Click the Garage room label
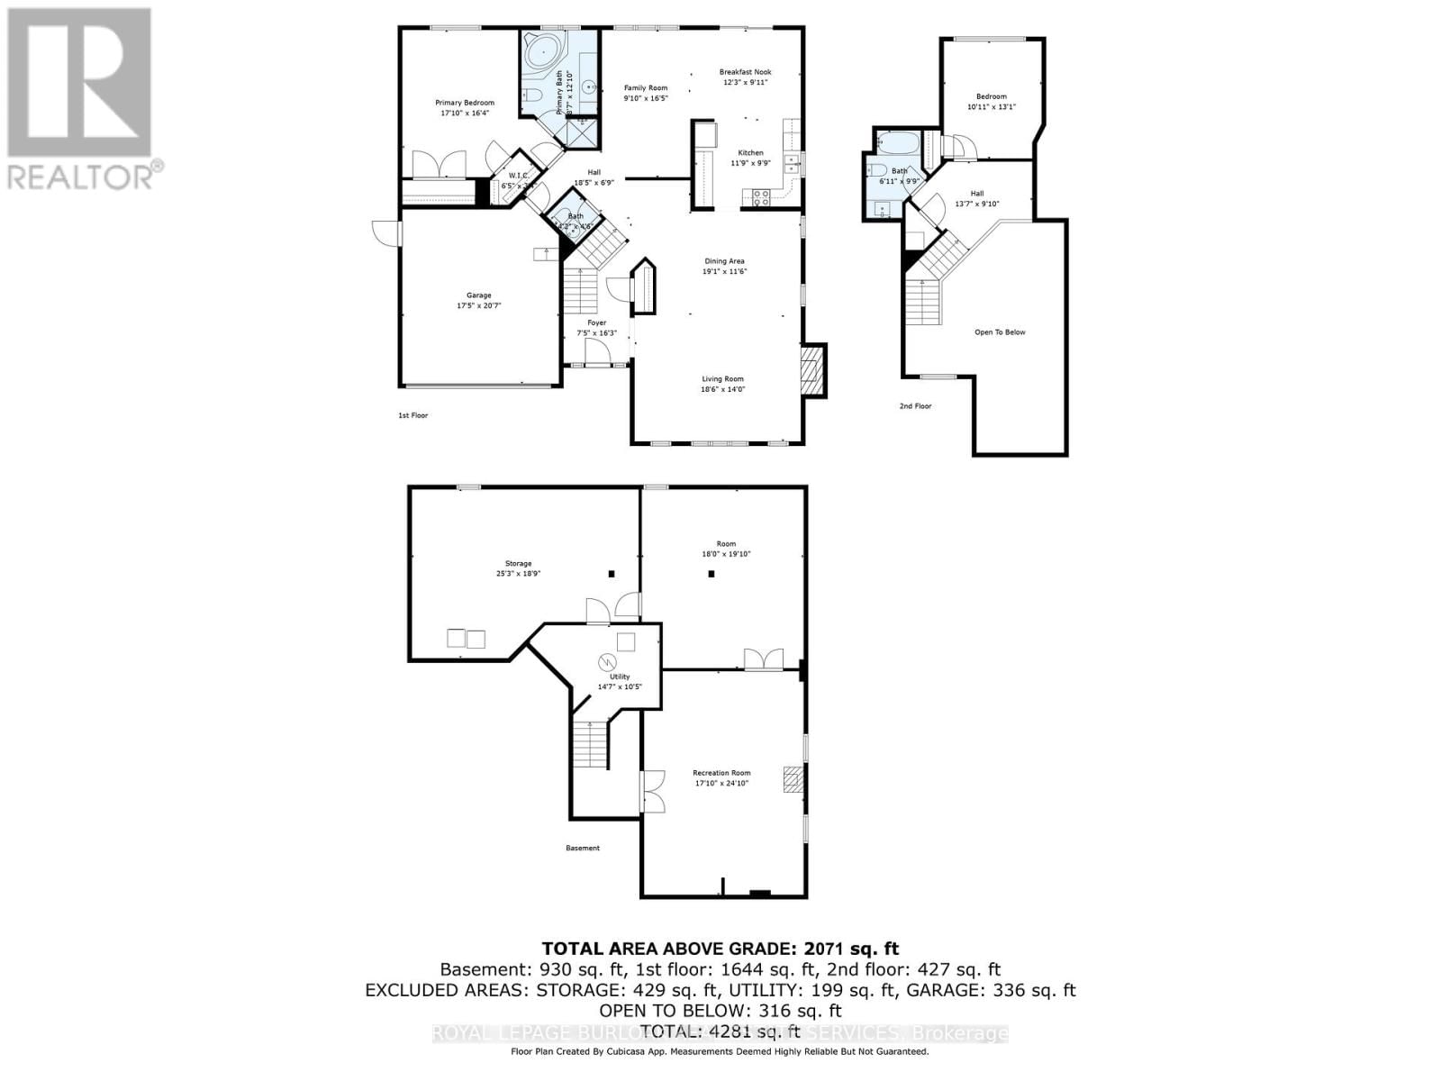tap(478, 295)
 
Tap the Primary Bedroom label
tap(465, 103)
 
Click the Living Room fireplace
tap(813, 369)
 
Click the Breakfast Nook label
tap(745, 72)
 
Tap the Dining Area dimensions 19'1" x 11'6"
tap(725, 271)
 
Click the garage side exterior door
tap(387, 232)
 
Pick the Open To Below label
tap(1000, 332)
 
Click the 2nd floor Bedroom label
tap(991, 96)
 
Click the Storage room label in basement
tap(518, 563)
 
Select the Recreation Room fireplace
tap(792, 778)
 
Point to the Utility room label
tap(620, 677)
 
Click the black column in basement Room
tap(711, 574)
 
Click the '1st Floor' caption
tap(413, 415)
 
